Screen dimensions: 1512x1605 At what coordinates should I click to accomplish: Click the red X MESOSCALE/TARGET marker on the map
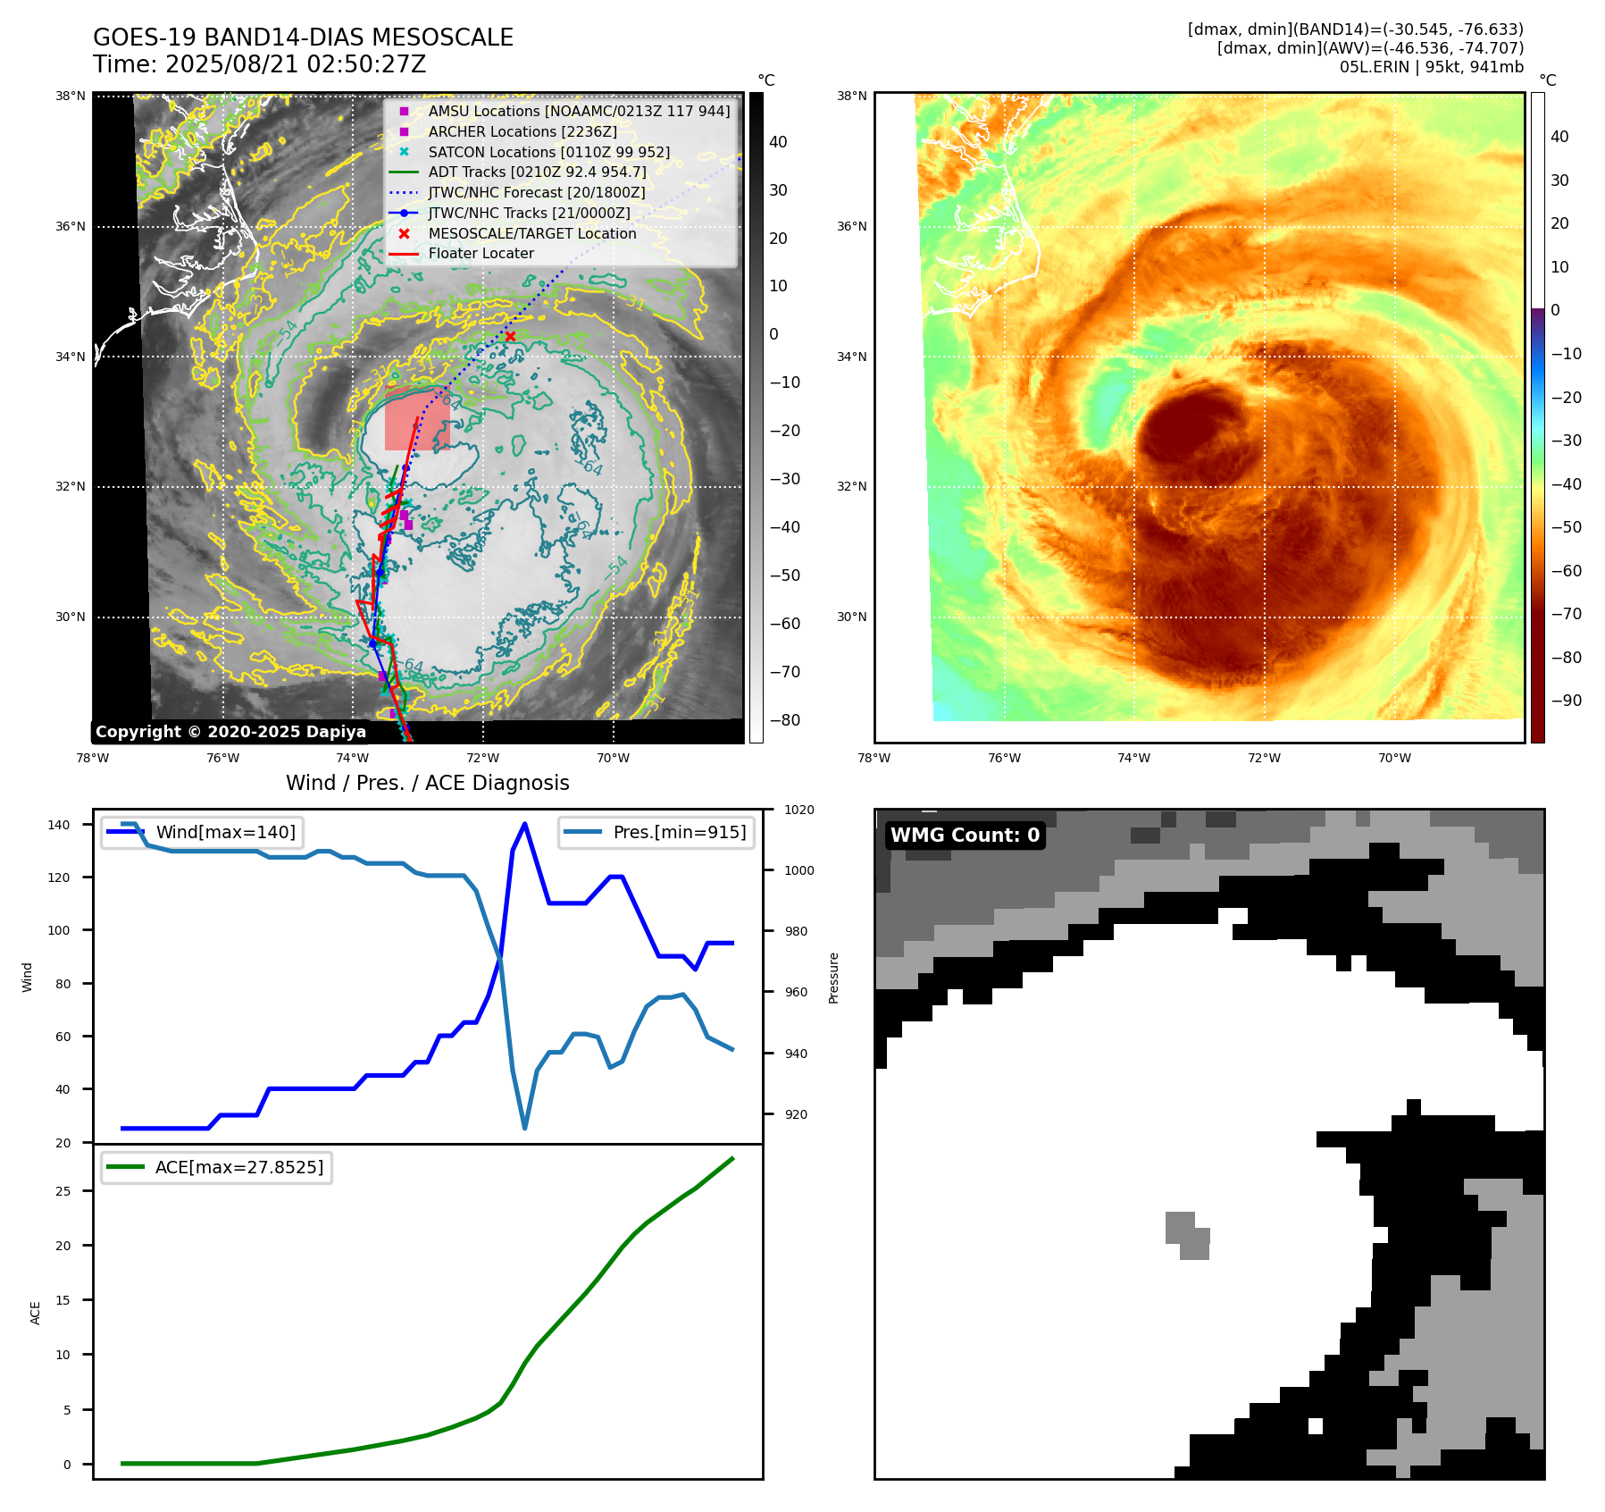pos(510,337)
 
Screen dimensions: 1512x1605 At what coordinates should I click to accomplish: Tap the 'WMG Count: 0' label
pos(965,836)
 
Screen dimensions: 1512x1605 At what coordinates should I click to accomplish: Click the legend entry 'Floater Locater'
pos(481,254)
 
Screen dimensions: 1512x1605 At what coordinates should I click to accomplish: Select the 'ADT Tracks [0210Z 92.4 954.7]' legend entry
pos(537,172)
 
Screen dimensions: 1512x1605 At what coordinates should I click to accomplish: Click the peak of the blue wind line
pos(524,824)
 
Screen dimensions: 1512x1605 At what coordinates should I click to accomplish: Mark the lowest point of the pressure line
pos(524,1129)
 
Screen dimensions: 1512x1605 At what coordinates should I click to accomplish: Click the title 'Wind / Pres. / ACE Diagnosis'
pos(427,783)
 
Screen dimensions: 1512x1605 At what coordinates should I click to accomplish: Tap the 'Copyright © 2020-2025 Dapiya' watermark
pos(230,732)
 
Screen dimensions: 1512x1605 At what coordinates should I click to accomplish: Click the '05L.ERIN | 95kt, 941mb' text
pos(1431,67)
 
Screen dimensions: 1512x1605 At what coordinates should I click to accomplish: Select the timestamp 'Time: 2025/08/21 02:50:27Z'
pos(259,64)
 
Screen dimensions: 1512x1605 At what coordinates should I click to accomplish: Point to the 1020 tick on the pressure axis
pos(798,810)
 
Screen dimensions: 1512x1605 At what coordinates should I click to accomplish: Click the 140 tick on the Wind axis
pos(58,825)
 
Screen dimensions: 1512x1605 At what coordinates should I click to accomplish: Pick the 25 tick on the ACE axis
pos(63,1191)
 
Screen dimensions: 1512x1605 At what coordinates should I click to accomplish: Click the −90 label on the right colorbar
pos(1566,701)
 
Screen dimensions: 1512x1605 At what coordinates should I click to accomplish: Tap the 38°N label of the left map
pos(71,97)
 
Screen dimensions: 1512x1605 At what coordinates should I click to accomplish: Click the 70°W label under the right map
pos(1394,759)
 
